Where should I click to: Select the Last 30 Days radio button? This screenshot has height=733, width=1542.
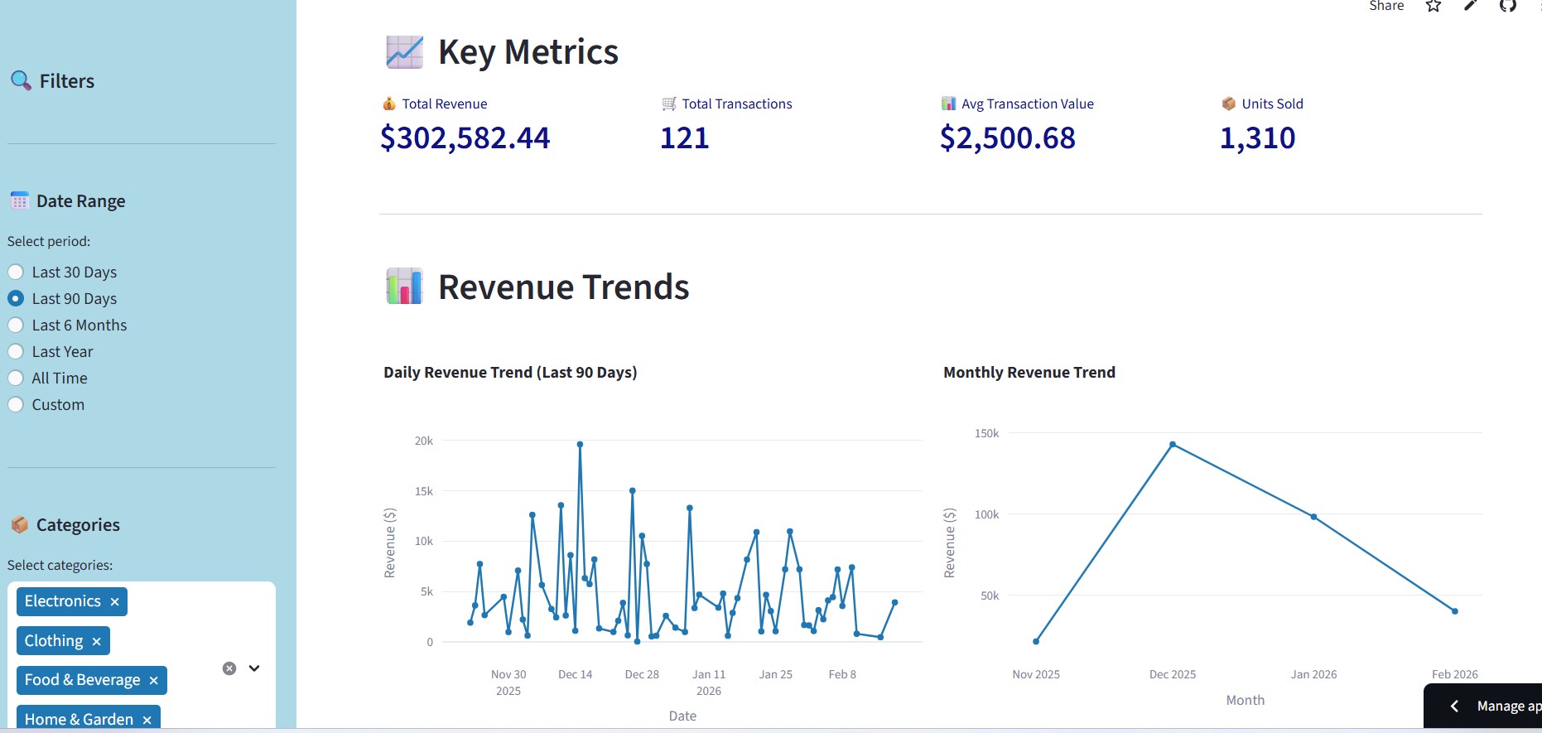[x=16, y=272]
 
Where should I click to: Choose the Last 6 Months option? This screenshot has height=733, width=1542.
[x=16, y=325]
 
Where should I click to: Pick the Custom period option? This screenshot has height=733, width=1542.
[x=16, y=404]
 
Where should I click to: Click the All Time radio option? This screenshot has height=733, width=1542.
[x=16, y=378]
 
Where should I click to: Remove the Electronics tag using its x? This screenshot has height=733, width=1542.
[x=114, y=602]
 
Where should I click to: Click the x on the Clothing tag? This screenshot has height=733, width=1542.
[x=96, y=642]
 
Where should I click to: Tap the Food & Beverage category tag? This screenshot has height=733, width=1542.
[x=82, y=680]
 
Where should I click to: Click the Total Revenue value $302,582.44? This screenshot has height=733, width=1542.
[x=465, y=137]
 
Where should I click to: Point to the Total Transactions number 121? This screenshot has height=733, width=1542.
[x=684, y=137]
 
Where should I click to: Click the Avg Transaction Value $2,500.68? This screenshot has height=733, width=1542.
[x=1007, y=137]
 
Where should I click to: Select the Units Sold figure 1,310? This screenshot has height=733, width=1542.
[x=1257, y=137]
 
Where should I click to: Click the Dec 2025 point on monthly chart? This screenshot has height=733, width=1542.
[x=1173, y=445]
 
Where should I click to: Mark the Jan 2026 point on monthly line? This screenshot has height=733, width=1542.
[x=1314, y=517]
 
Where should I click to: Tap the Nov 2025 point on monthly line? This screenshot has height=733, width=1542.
[x=1036, y=641]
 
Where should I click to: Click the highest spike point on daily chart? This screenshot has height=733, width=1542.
[x=580, y=444]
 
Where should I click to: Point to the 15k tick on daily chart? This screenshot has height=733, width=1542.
[x=423, y=491]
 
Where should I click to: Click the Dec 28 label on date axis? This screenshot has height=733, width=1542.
[x=642, y=674]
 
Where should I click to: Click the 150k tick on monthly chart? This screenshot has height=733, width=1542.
[x=986, y=433]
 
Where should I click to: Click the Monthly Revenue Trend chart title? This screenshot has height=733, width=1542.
[x=1029, y=373]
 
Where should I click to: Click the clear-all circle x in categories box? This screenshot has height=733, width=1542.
[x=229, y=668]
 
